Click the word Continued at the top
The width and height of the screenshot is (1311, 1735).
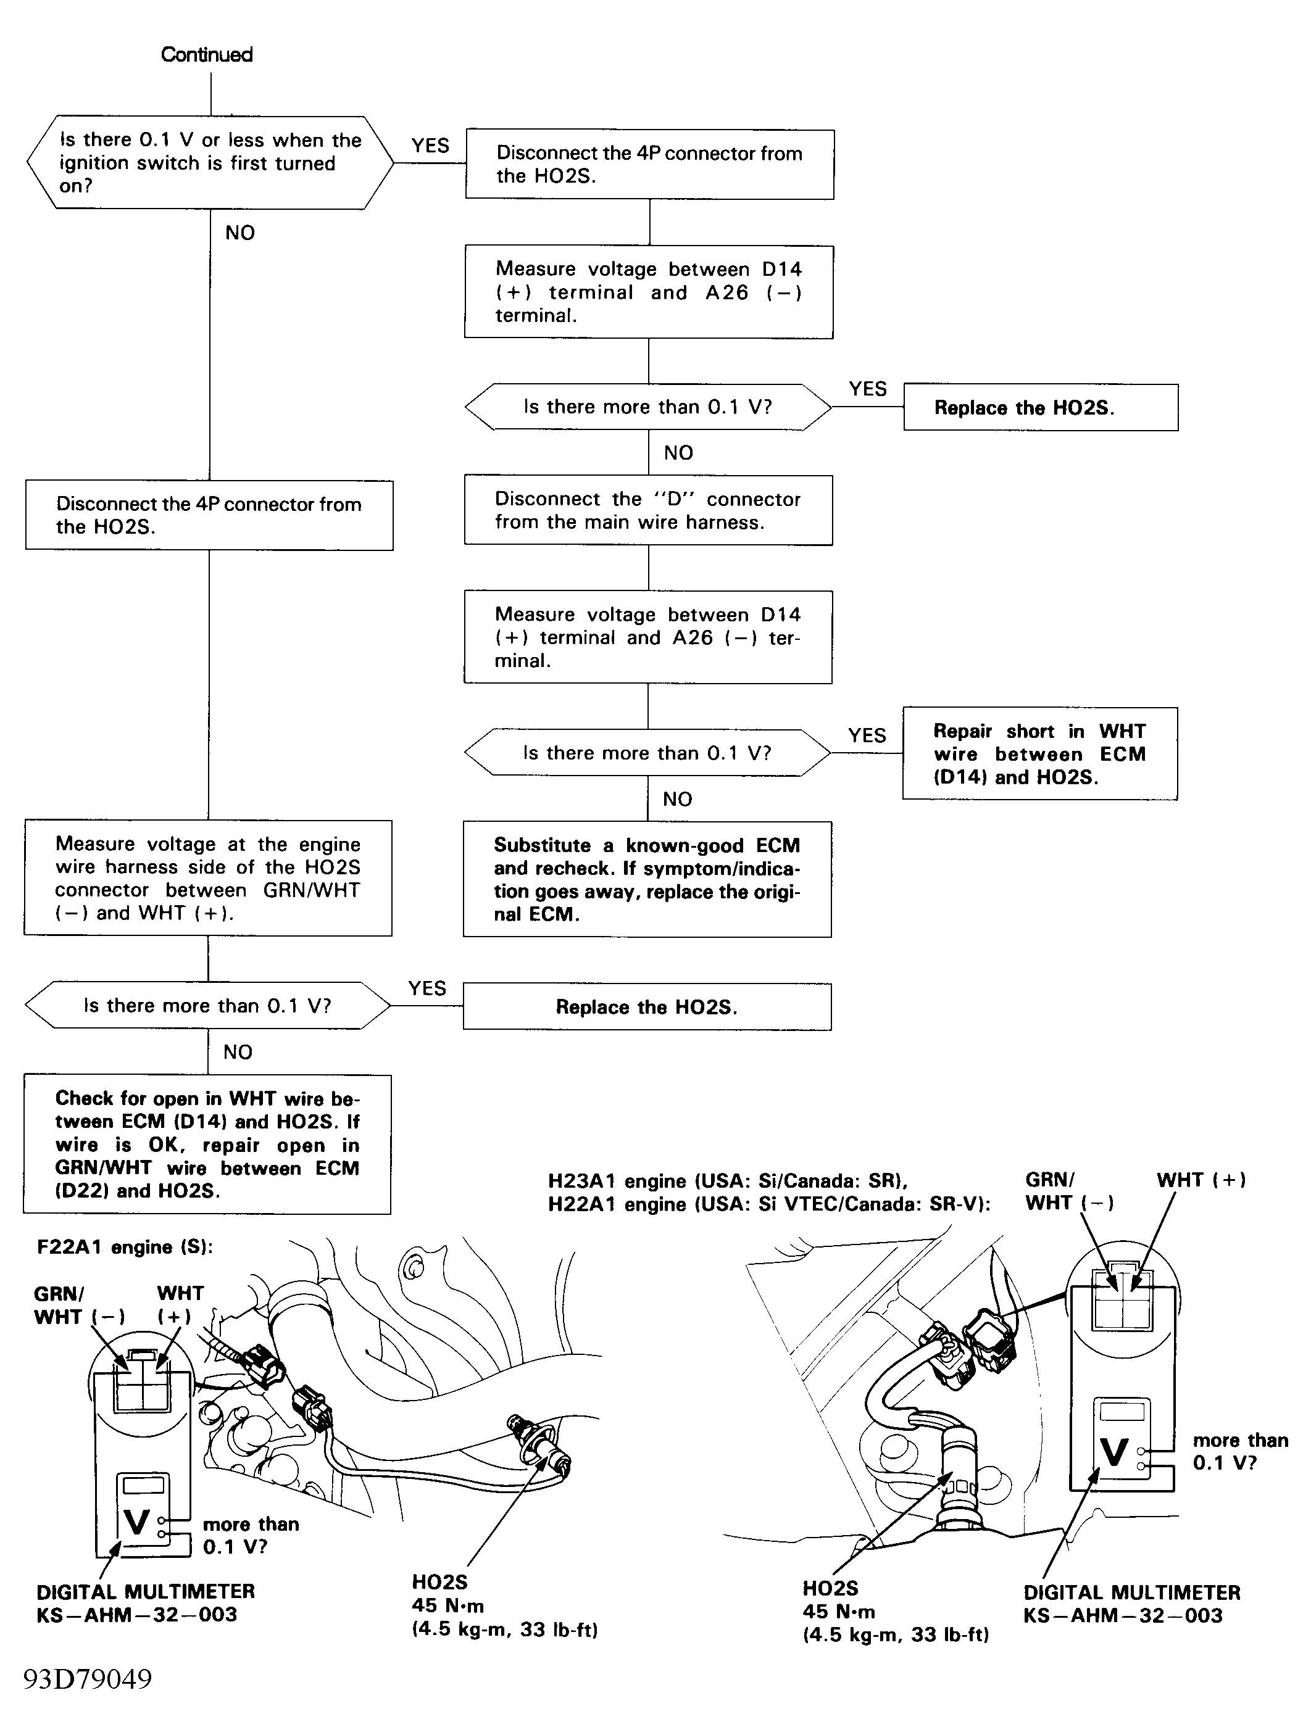(206, 54)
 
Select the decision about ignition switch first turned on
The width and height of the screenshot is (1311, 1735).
(209, 162)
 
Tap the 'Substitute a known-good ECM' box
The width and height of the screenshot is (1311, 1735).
(647, 879)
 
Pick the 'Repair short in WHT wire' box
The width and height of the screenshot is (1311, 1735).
(1039, 754)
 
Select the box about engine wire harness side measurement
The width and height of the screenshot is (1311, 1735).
(208, 878)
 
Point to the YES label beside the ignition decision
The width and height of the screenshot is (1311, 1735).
(430, 146)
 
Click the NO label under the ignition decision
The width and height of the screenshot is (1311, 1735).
(239, 233)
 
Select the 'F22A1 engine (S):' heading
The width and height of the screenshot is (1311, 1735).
(125, 1247)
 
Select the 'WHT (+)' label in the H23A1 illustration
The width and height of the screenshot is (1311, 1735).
(1201, 1180)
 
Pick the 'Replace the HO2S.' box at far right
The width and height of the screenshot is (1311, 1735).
(1040, 408)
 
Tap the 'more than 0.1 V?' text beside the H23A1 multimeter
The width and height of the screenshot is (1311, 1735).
(1239, 1451)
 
